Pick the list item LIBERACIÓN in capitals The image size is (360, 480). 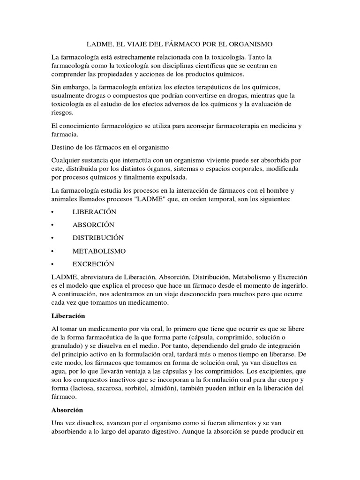tap(94, 212)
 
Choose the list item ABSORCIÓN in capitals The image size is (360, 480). tap(93, 225)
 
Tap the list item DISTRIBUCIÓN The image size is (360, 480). tap(98, 238)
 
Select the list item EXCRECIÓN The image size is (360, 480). tap(93, 264)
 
